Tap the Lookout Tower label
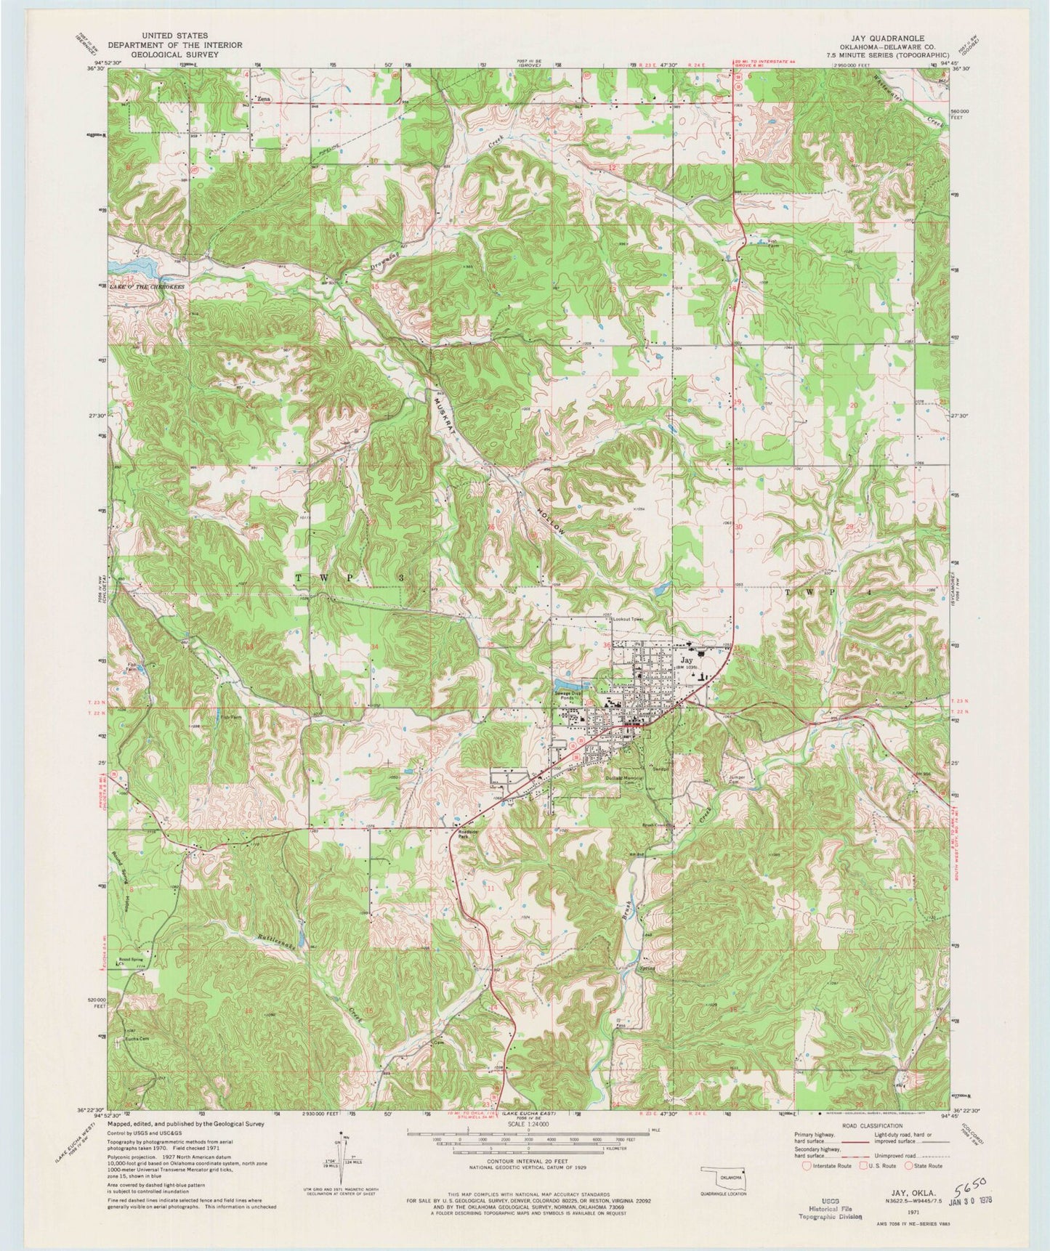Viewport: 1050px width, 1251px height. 629,619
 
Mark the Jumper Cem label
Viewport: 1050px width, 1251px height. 739,780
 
